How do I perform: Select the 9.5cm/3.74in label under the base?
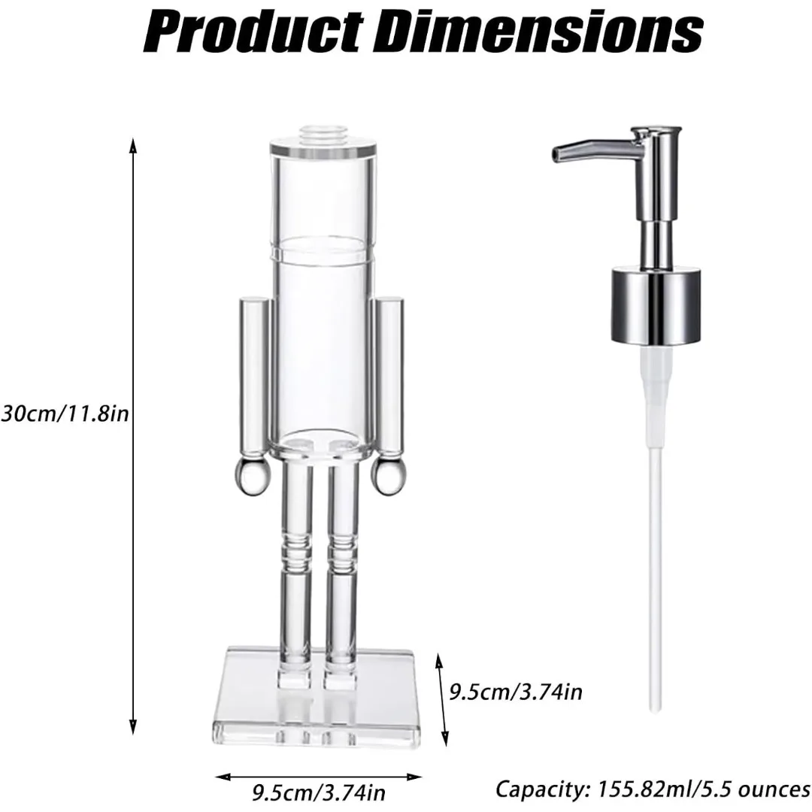tap(319, 792)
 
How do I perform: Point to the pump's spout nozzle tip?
tap(557, 153)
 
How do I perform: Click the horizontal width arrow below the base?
tap(319, 774)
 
